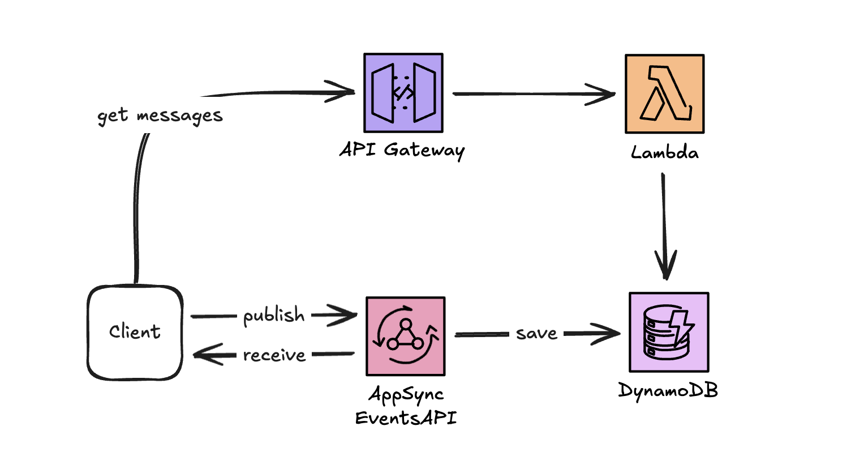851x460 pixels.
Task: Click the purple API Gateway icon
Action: [402, 93]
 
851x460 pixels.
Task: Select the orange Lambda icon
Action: [664, 93]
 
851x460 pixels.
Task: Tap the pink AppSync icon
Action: [405, 336]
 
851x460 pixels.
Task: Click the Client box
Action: [135, 332]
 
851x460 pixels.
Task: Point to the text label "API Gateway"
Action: [402, 151]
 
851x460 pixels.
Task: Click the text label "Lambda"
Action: [664, 152]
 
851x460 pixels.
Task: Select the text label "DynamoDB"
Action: [668, 390]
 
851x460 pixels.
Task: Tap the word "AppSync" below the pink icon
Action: [406, 395]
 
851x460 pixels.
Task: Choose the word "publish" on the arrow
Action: [274, 316]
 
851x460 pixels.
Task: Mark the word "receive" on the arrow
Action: [274, 355]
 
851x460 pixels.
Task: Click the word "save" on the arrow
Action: [536, 334]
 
